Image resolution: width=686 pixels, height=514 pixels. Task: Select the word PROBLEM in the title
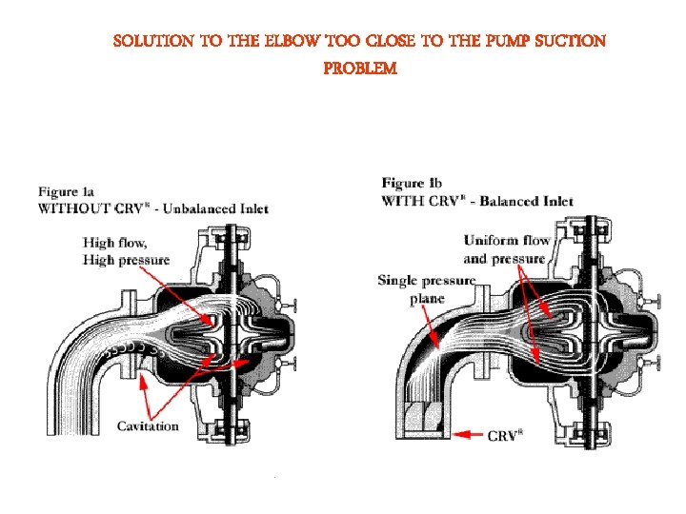pyautogui.click(x=359, y=69)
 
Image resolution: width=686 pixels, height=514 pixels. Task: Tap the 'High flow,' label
pyautogui.click(x=115, y=243)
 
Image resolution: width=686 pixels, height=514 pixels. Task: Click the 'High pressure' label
pyautogui.click(x=126, y=260)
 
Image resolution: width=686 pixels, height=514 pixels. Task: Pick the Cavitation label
pyautogui.click(x=148, y=425)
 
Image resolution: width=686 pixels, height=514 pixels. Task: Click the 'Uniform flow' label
pyautogui.click(x=507, y=241)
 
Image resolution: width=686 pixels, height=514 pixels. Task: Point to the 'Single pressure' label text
pyautogui.click(x=426, y=281)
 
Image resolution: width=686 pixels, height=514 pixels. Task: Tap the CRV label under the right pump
pyautogui.click(x=505, y=436)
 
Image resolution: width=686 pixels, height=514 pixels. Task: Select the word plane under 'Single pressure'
pyautogui.click(x=427, y=298)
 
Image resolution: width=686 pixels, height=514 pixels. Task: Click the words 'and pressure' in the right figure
pyautogui.click(x=505, y=259)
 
